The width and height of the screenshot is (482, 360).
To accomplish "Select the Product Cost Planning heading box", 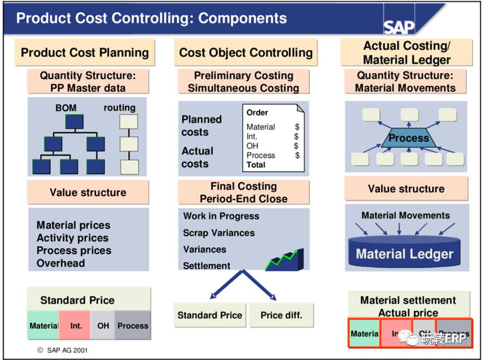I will coord(85,53).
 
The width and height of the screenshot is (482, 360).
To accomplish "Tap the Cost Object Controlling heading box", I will coord(246,53).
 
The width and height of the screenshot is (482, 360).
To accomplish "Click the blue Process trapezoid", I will coord(408,138).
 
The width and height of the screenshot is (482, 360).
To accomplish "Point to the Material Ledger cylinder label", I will coord(405,254).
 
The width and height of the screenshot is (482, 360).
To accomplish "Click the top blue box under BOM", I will coord(74,122).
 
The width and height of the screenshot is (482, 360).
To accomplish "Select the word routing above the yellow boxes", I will coord(119,108).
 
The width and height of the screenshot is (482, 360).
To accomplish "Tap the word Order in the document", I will coord(257,113).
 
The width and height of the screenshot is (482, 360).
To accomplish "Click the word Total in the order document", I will coord(256,165).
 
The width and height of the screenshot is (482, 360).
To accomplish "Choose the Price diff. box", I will coord(281,315).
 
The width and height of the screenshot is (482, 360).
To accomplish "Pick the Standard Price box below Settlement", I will coord(210,315).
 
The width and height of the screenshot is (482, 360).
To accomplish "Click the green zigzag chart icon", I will coord(284,260).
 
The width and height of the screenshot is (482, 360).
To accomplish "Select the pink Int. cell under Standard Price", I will coord(76,325).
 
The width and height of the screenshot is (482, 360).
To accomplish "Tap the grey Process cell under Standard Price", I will coord(133,325).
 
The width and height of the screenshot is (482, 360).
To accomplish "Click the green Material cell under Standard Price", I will coord(43,325).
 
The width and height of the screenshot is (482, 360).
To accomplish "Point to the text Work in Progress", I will coord(221,216).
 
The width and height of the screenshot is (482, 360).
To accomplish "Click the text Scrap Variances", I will coord(219,233).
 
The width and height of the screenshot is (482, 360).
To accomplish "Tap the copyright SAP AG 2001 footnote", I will coord(62,351).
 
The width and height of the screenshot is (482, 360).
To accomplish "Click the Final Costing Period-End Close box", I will coord(244,192).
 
